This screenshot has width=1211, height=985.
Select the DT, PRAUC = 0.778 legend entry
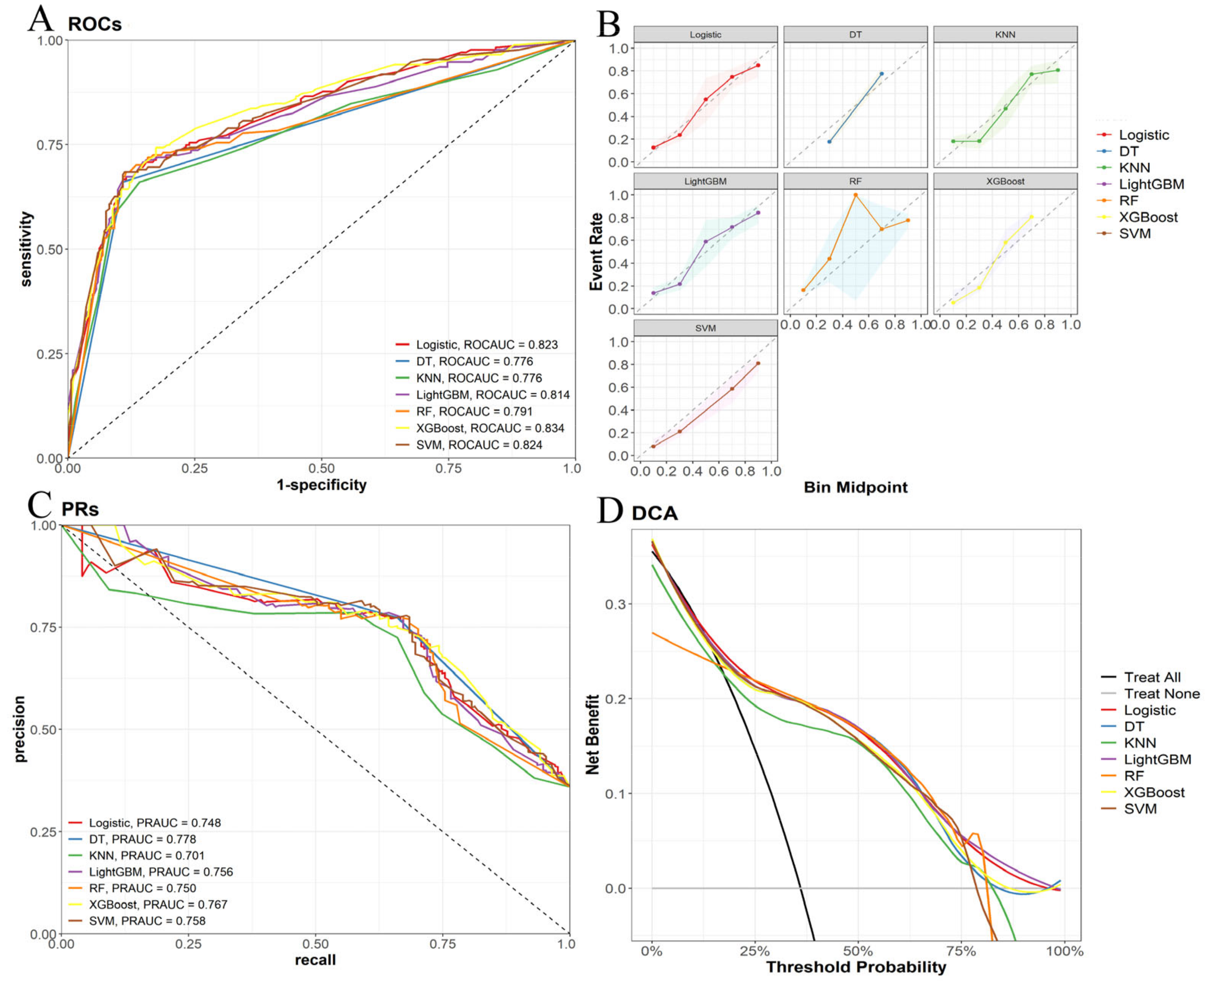point(142,839)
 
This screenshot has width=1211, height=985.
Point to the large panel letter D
point(610,511)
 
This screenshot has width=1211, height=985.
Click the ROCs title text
point(95,24)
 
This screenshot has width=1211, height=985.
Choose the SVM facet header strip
point(705,328)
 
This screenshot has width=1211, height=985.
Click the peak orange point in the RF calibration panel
point(855,195)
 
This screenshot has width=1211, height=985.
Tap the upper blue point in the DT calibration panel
point(881,74)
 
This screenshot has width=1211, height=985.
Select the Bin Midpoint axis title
point(855,488)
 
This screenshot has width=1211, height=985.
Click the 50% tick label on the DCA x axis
point(858,951)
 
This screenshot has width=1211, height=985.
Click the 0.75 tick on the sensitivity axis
point(49,145)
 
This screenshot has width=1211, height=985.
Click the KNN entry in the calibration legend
point(1134,168)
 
